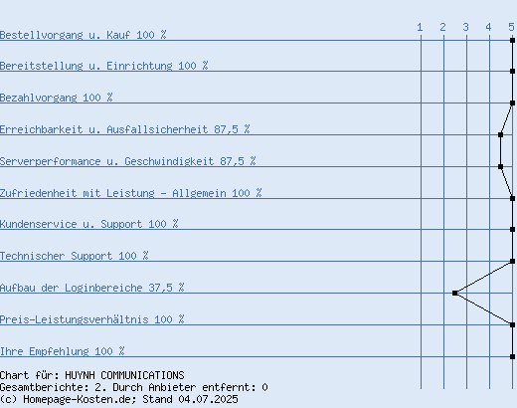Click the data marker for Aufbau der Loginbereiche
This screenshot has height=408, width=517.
pyautogui.click(x=455, y=293)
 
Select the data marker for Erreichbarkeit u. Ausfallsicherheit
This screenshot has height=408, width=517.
pyautogui.click(x=500, y=134)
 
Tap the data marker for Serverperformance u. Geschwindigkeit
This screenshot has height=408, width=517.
pyautogui.click(x=500, y=166)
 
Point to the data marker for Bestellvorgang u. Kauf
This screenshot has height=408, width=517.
pyautogui.click(x=512, y=40)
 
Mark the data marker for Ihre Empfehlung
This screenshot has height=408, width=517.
pyautogui.click(x=512, y=356)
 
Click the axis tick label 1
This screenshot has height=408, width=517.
pyautogui.click(x=420, y=27)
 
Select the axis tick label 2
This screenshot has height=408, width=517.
pyautogui.click(x=443, y=27)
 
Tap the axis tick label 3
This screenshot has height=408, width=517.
pyautogui.click(x=466, y=27)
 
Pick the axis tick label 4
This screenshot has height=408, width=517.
pyautogui.click(x=488, y=27)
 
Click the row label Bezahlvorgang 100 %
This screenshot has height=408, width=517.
pyautogui.click(x=57, y=98)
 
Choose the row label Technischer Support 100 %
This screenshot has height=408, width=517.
pyautogui.click(x=75, y=256)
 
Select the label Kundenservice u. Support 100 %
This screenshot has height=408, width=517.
pyautogui.click(x=89, y=224)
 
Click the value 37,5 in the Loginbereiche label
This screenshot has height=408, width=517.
pyautogui.click(x=160, y=288)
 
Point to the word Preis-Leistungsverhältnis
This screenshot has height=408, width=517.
pyautogui.click(x=75, y=319)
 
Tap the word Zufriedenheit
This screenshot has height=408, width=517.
pyautogui.click(x=39, y=193)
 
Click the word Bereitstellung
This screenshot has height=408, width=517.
pyautogui.click(x=42, y=66)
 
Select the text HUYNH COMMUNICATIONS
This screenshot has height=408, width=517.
pyautogui.click(x=124, y=375)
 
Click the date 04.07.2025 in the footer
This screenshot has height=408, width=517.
pyautogui.click(x=208, y=399)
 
